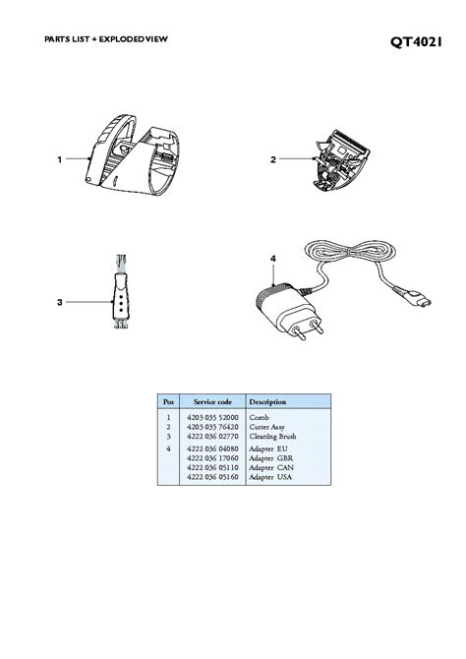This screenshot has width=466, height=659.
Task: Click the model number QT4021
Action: click(x=416, y=42)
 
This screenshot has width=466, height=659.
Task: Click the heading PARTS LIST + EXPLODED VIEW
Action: click(x=106, y=39)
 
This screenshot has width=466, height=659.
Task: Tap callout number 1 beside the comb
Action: click(x=60, y=159)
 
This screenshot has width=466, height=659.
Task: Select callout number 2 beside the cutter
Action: click(x=273, y=159)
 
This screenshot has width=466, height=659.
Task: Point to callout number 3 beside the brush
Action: click(x=60, y=302)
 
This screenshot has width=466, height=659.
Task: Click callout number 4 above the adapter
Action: click(x=273, y=259)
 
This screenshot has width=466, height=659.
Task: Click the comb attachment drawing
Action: click(x=133, y=155)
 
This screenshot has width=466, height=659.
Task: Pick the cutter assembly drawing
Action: click(x=340, y=159)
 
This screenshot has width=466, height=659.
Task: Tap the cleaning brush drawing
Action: click(x=120, y=291)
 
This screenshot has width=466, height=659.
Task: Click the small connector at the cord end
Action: click(x=422, y=299)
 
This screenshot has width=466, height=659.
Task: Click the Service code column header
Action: click(x=212, y=401)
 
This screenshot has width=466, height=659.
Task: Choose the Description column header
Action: click(x=267, y=401)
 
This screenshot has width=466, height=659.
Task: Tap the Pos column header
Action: click(x=168, y=401)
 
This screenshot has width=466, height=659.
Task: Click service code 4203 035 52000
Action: click(x=212, y=417)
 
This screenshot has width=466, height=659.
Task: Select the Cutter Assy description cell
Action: click(x=267, y=427)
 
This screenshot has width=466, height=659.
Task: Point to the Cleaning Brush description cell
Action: click(x=272, y=437)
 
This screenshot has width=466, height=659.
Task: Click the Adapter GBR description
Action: click(x=271, y=458)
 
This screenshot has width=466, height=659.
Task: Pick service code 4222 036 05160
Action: click(x=212, y=477)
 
